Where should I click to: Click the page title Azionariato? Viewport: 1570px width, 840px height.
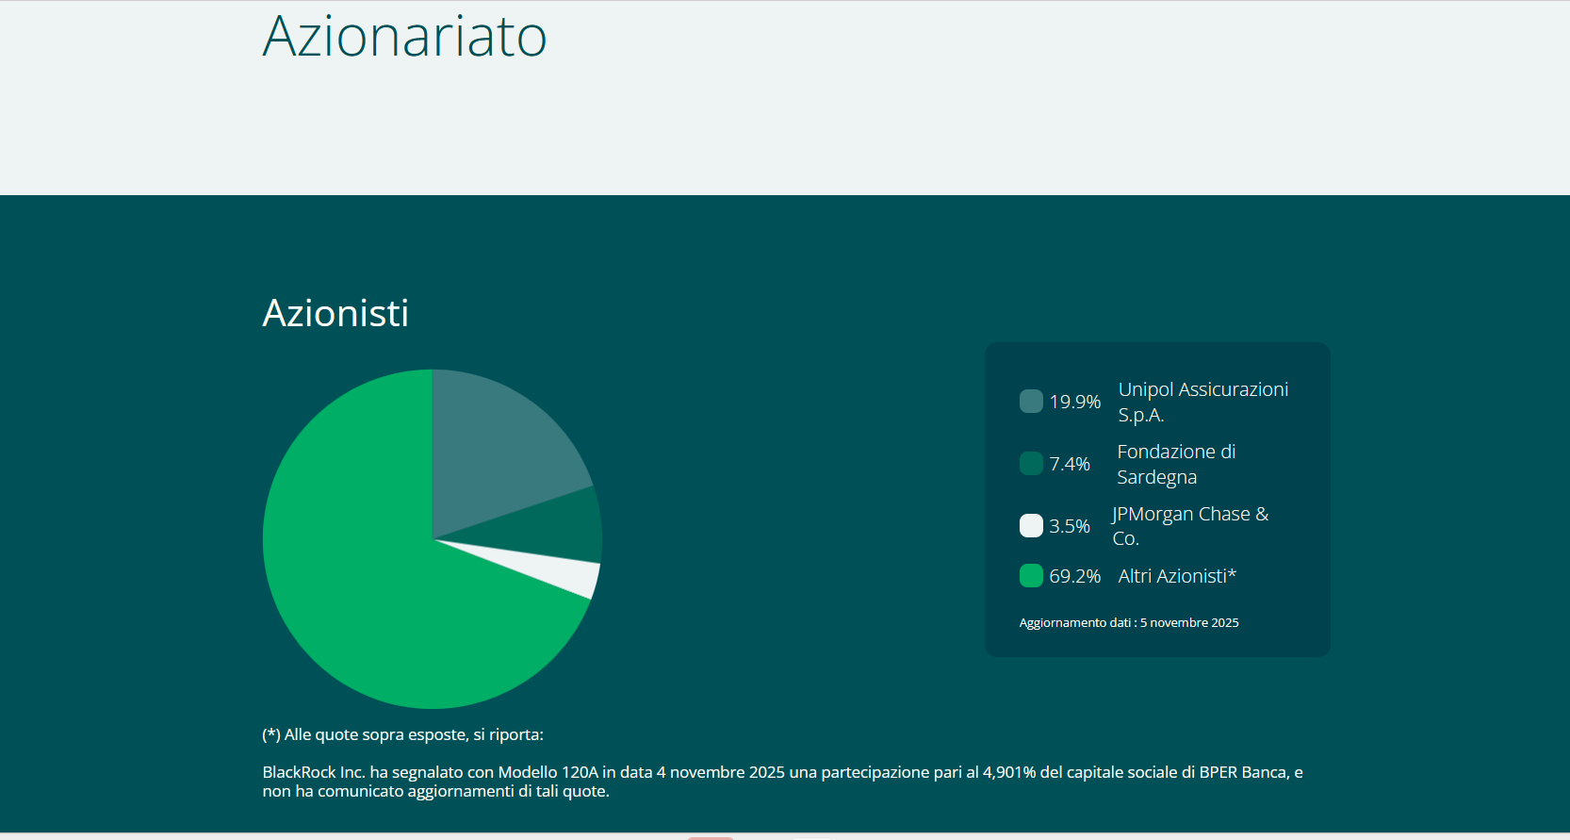pyautogui.click(x=404, y=37)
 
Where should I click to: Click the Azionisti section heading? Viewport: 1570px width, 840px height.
pyautogui.click(x=335, y=313)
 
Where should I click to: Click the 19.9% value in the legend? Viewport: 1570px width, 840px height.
pyautogui.click(x=1074, y=402)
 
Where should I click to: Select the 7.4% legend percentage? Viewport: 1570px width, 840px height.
pyautogui.click(x=1070, y=464)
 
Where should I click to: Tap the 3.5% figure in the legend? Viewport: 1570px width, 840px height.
pyautogui.click(x=1070, y=526)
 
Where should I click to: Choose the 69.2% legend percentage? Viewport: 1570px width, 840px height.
pyautogui.click(x=1074, y=576)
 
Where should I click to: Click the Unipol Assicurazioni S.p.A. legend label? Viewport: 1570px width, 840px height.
pyautogui.click(x=1202, y=402)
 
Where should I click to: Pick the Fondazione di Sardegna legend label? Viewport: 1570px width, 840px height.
pyautogui.click(x=1176, y=464)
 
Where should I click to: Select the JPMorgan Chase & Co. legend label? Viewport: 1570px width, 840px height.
pyautogui.click(x=1190, y=526)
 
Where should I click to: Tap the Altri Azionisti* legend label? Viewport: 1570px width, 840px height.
pyautogui.click(x=1177, y=576)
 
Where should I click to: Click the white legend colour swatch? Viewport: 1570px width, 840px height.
pyautogui.click(x=1031, y=525)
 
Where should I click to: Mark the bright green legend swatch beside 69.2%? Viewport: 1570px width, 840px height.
pyautogui.click(x=1031, y=575)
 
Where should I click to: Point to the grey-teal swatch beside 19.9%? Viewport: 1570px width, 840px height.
pyautogui.click(x=1031, y=401)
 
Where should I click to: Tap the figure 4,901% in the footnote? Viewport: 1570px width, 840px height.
pyautogui.click(x=1009, y=772)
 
